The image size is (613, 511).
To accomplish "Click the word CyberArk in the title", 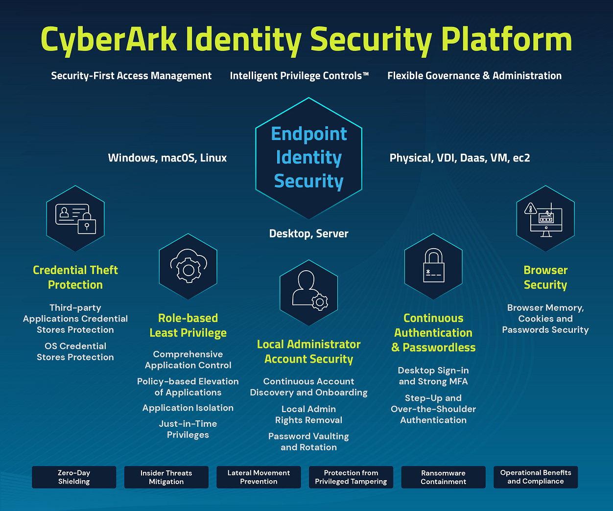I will (x=109, y=39).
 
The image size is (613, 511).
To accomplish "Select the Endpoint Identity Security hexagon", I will (x=308, y=158).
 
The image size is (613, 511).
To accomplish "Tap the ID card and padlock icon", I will (x=75, y=218).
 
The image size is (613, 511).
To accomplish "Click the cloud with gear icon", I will (x=188, y=267).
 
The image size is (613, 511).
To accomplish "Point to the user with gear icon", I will (x=308, y=293).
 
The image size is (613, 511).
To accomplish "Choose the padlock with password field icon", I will (x=433, y=267).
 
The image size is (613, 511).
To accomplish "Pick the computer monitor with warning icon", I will (x=545, y=218).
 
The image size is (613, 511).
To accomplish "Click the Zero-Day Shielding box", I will (x=74, y=477).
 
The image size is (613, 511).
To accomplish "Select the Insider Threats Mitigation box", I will (x=166, y=477).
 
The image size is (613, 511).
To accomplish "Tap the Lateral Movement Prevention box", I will (x=259, y=477).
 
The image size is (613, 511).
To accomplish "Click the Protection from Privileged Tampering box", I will (x=351, y=477).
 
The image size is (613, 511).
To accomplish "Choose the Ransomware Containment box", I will (x=443, y=477).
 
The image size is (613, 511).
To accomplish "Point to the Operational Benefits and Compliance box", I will (x=536, y=477).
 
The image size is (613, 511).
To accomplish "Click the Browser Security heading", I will (x=545, y=278).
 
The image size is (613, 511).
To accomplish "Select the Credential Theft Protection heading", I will (x=75, y=278).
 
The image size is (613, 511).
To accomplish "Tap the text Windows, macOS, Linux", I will (x=167, y=158).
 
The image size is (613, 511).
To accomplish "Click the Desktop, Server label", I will (x=308, y=233).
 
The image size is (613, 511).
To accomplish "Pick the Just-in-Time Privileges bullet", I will (x=188, y=429).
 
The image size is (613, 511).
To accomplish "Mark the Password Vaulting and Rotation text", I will (x=308, y=441).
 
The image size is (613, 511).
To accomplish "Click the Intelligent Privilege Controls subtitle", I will (x=299, y=76).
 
